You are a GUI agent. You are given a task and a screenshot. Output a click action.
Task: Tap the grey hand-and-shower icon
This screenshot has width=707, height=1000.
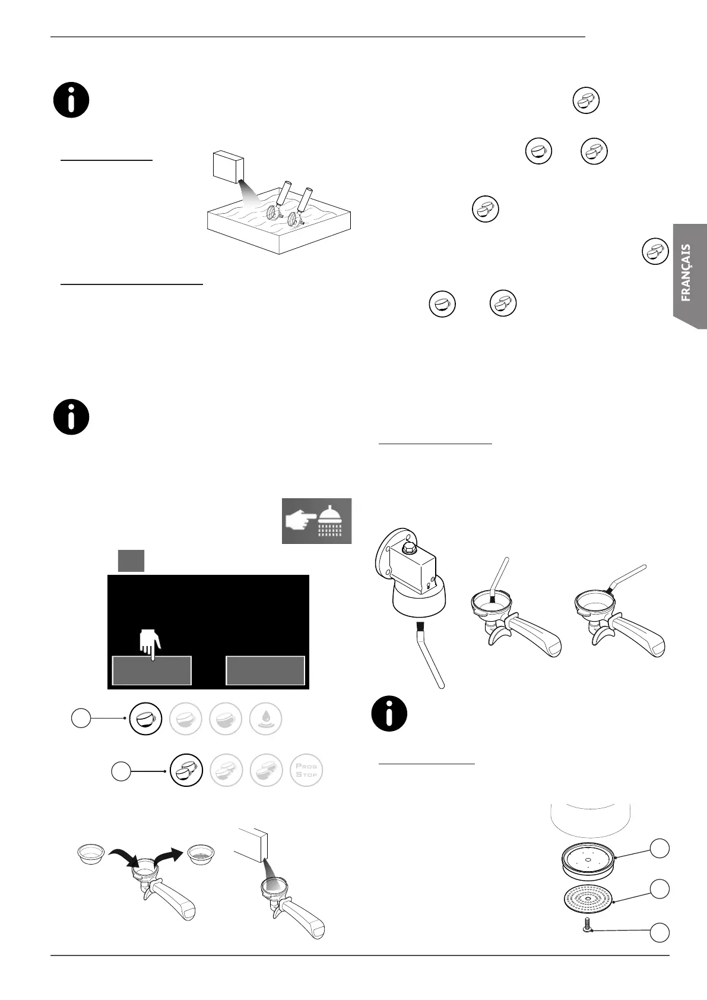pos(316,521)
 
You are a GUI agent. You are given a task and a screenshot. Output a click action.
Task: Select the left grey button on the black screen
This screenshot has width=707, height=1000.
pos(152,670)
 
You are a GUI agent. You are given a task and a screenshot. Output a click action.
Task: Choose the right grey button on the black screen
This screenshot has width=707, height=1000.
pos(265,670)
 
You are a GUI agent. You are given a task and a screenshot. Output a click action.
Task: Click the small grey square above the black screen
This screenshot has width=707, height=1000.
pos(131,561)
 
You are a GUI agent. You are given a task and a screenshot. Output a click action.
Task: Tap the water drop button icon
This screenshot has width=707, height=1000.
pos(266,719)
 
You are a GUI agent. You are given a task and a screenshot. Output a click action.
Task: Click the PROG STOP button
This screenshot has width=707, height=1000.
pos(306,770)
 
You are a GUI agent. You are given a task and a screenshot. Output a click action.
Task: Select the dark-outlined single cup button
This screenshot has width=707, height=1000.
pos(146,719)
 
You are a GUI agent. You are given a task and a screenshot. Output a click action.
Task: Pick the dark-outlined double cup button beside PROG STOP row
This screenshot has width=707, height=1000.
pos(186,770)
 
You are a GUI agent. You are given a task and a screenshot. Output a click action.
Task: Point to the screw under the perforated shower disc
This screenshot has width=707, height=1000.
pos(586,925)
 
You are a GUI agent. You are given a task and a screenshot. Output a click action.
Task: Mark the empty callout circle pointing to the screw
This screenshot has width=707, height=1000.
pos(659,932)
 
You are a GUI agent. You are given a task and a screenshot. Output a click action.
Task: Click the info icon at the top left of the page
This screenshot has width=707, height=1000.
pos(71,100)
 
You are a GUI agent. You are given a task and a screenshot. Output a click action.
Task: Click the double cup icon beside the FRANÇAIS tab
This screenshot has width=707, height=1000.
pos(655,251)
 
